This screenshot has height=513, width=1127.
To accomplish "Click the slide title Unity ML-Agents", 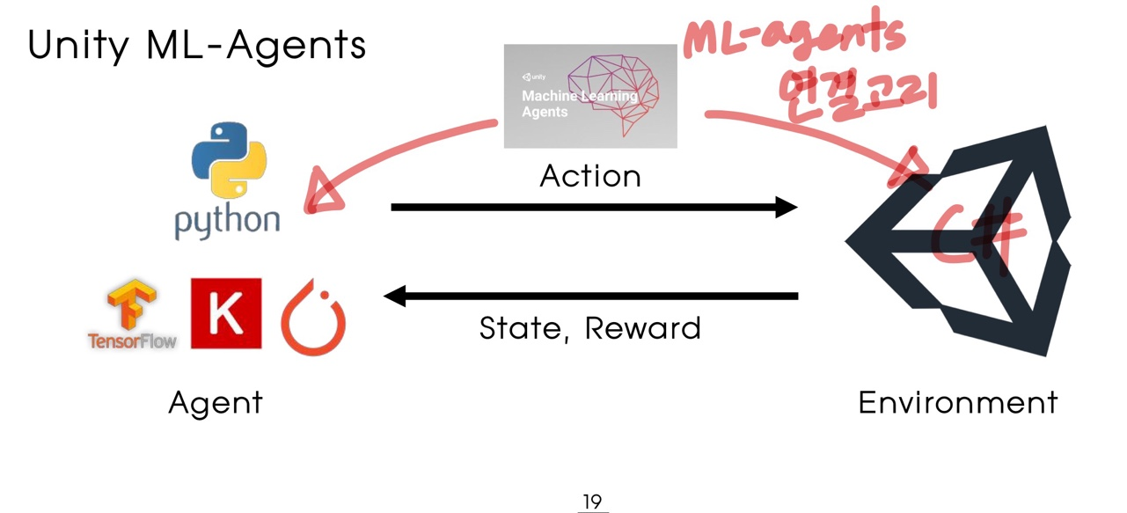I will coord(196,44).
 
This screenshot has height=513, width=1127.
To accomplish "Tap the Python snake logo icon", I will coord(228,159).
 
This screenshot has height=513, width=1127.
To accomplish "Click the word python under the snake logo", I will coord(227,221).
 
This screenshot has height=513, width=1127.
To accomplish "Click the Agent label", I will coord(216,403).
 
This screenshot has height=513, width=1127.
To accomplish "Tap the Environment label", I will coord(958,402).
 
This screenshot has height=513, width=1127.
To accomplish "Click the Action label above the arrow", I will coord(590,176).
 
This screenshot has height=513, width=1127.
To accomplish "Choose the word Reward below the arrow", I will coord(643,328).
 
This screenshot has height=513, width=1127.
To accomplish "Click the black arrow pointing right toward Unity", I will coord(594,208).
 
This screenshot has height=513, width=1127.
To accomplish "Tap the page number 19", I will coord(592,502).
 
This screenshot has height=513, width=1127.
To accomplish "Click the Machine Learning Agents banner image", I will coord(590,96).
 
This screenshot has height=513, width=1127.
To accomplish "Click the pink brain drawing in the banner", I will coord(616,92).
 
